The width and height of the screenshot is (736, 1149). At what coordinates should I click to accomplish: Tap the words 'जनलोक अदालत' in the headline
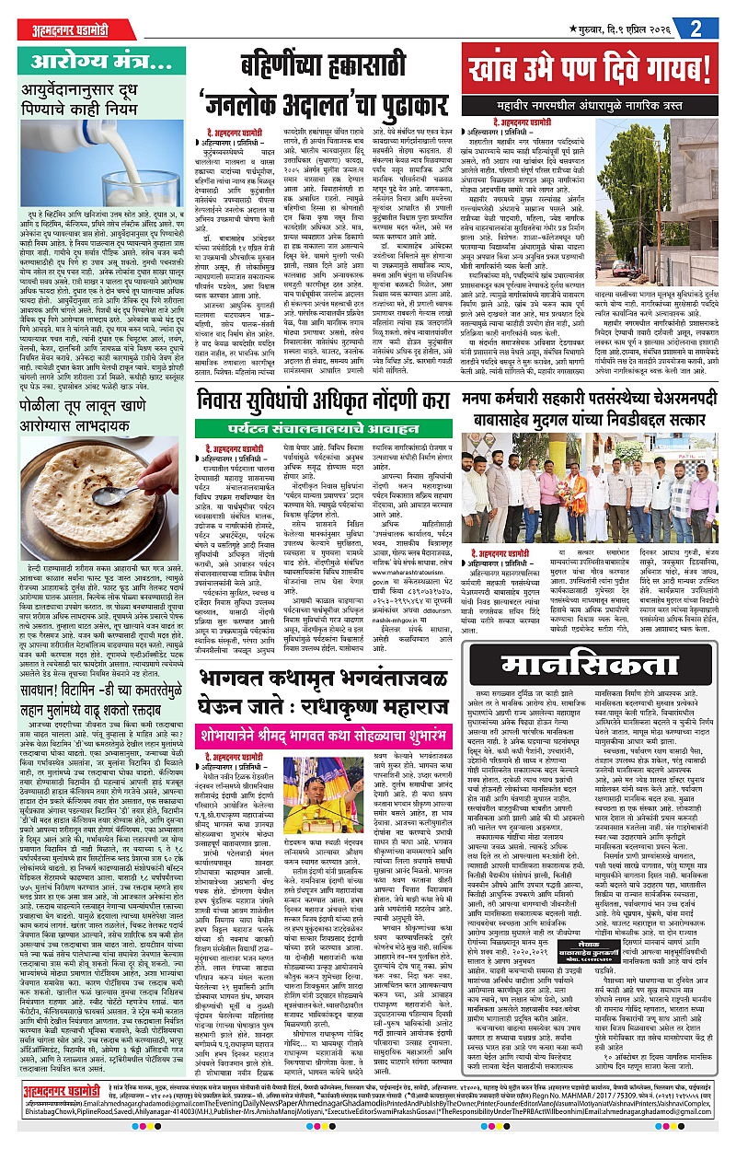(272, 103)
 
